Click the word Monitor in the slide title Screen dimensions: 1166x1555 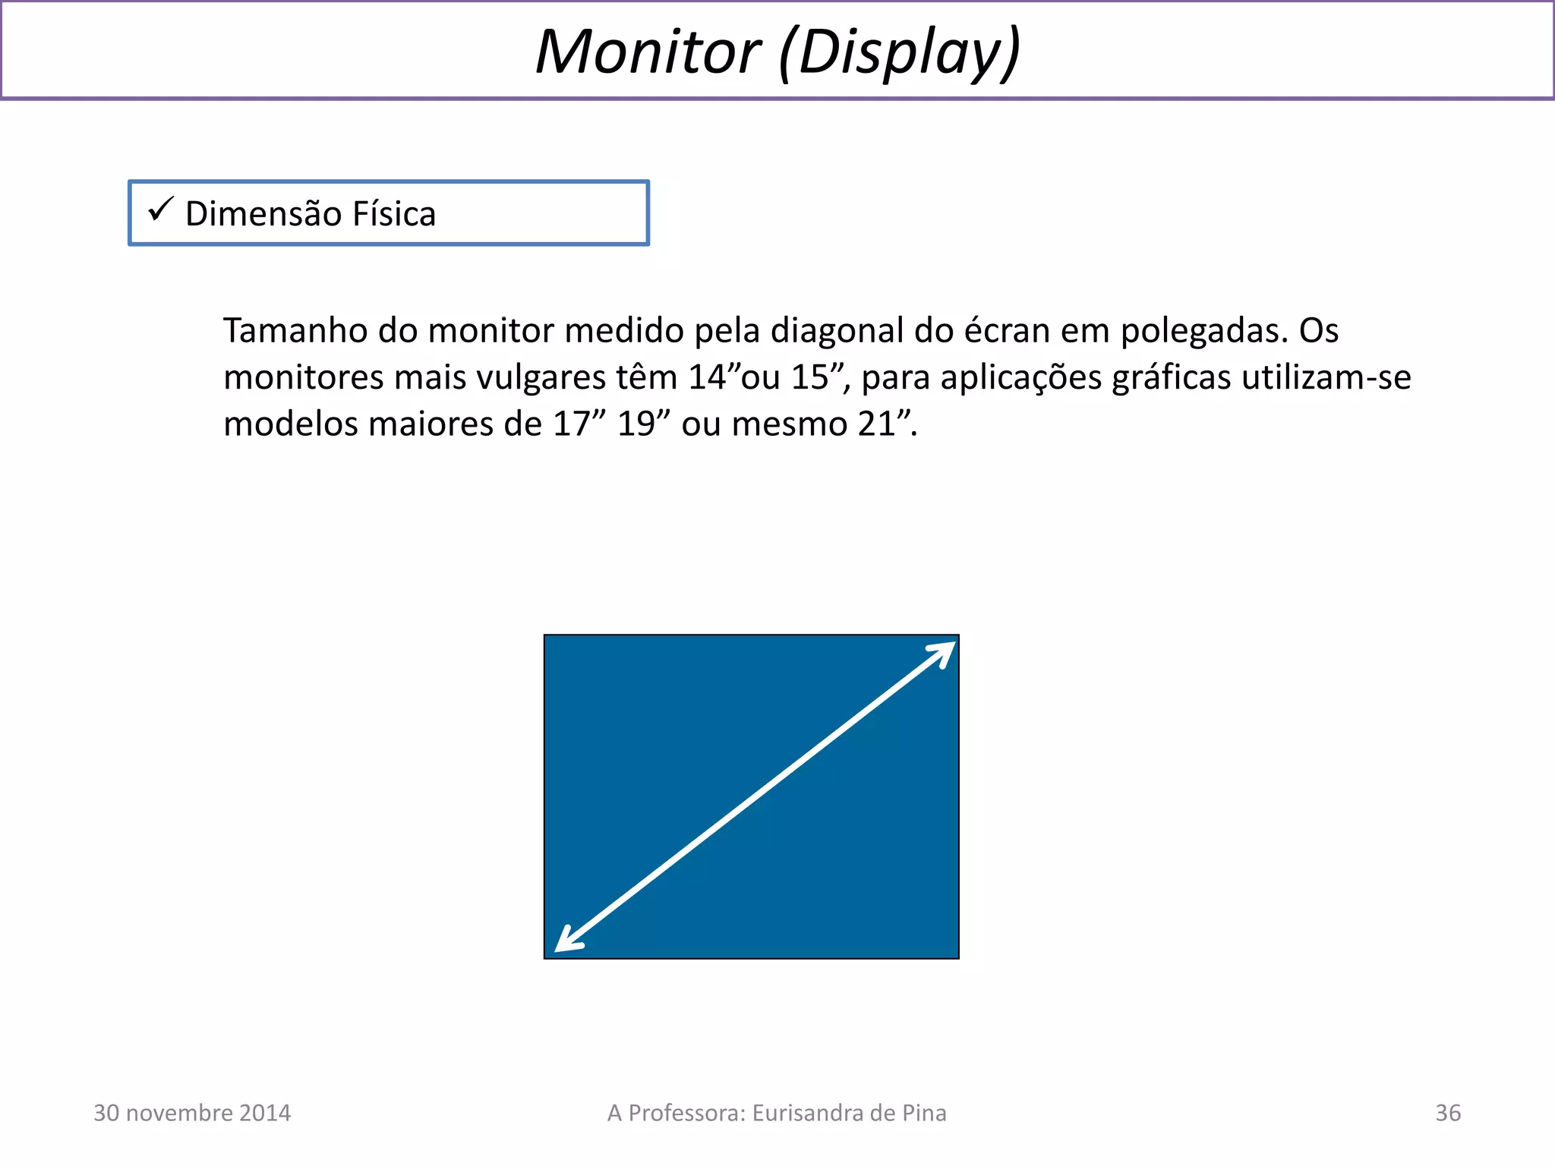pyautogui.click(x=648, y=52)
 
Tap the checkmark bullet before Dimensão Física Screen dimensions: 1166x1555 pyautogui.click(x=161, y=209)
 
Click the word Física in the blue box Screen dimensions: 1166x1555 pyautogui.click(x=394, y=214)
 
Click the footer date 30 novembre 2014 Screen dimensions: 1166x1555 pyautogui.click(x=192, y=1113)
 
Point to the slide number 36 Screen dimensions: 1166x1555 pyautogui.click(x=1447, y=1113)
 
